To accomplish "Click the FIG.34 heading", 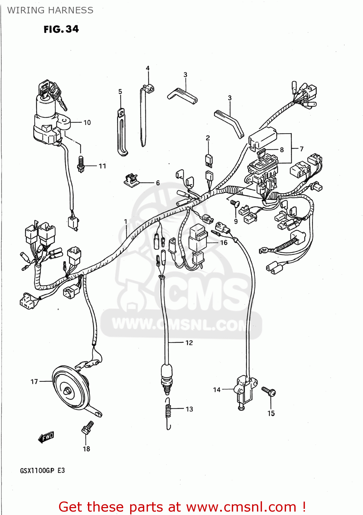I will tap(61, 29).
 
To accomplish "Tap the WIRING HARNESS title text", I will tap(50, 10).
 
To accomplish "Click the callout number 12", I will tap(189, 343).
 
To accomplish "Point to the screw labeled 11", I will tap(81, 164).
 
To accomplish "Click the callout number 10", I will tap(87, 123).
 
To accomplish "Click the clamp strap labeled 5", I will tap(122, 132).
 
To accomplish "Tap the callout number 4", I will tap(148, 68).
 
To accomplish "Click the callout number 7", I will tap(302, 149).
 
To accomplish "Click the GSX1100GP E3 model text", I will tap(42, 470).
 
